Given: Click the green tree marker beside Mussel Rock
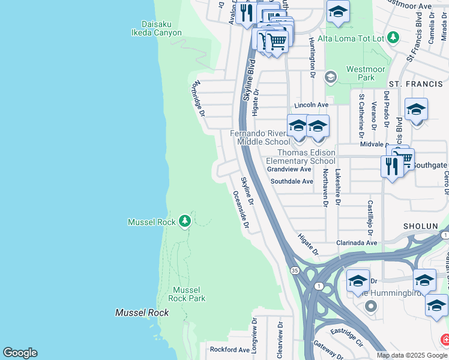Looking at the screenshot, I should (185, 222).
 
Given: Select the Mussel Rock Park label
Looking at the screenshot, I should (187, 293).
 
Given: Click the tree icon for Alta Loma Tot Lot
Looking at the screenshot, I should (393, 38).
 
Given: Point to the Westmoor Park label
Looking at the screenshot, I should (366, 73).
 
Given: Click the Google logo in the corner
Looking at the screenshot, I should (20, 353).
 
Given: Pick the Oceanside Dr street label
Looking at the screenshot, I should (241, 211).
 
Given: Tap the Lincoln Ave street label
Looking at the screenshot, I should (311, 105).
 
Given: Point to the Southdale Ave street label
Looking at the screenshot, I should (292, 181).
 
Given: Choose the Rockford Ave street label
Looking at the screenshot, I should (228, 349).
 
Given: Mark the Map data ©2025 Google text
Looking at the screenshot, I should (411, 355).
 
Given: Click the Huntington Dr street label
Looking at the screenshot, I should (312, 56).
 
